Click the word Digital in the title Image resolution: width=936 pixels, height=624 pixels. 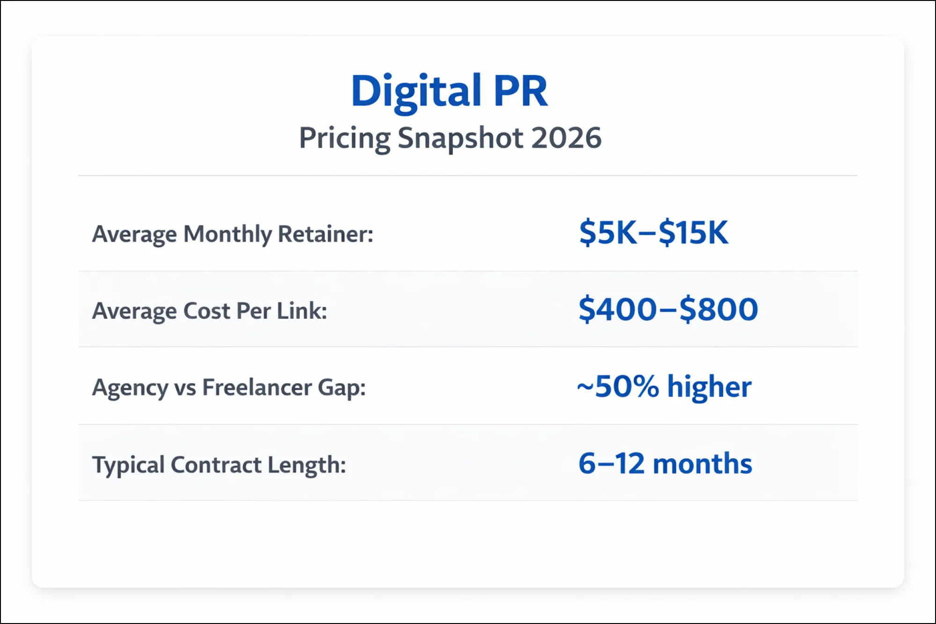[416, 92]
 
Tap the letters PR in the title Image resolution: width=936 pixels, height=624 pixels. [520, 92]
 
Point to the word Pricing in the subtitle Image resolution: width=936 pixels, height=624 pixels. [344, 139]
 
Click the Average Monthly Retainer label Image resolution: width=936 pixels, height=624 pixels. [233, 234]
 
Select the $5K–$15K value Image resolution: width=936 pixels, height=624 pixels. [653, 232]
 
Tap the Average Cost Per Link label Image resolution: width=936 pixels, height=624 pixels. [209, 311]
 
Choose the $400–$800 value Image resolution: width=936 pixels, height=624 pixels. [668, 310]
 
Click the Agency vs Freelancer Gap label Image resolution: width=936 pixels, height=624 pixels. [229, 388]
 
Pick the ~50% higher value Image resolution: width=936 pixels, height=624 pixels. [664, 387]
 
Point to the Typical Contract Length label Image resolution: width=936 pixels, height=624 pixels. [219, 465]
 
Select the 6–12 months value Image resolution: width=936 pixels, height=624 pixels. [665, 464]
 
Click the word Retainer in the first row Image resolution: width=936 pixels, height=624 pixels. [326, 234]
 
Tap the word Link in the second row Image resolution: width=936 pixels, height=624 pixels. [302, 311]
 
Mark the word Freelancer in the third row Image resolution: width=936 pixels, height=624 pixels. [257, 388]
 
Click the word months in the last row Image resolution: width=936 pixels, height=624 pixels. [702, 464]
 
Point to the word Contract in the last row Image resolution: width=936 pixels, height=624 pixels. [216, 465]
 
